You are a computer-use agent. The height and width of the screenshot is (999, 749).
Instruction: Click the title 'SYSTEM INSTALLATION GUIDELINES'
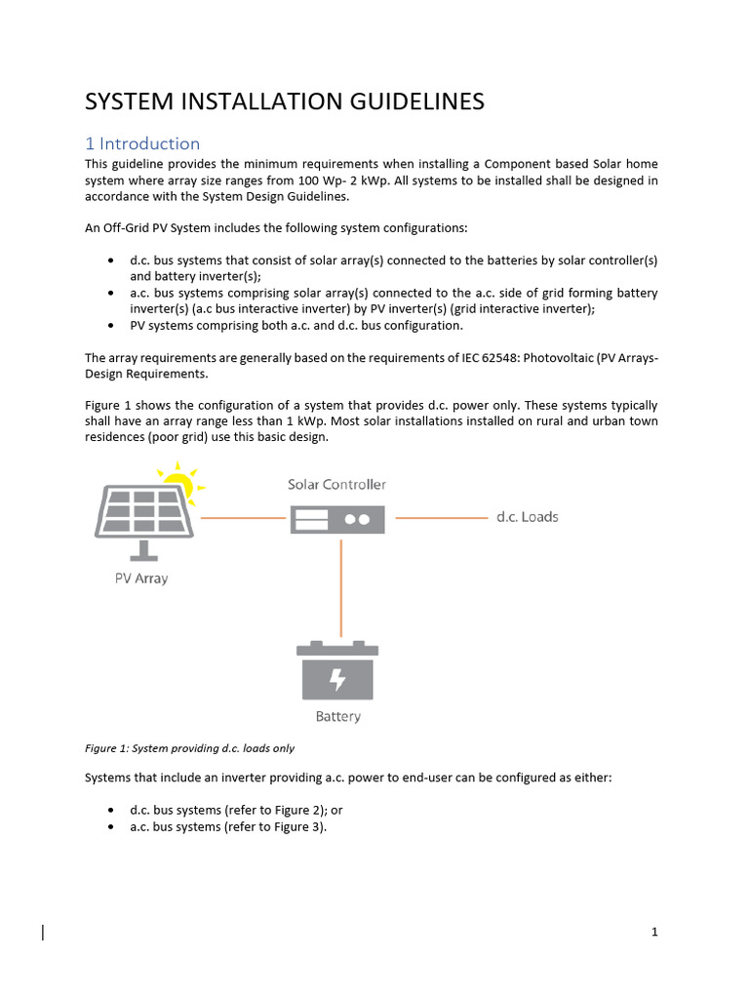pos(285,101)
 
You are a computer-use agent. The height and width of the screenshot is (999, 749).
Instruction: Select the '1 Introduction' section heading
pos(142,143)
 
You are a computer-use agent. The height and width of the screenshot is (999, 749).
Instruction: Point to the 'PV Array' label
pos(141,579)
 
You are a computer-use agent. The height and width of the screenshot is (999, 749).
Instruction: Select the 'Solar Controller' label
pos(336,485)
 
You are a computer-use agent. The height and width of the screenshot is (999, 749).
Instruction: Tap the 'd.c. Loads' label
pos(527,517)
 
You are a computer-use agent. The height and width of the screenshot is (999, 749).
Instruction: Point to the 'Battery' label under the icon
pos(337,717)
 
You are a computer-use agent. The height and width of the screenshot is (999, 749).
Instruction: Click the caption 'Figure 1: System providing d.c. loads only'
pos(189,748)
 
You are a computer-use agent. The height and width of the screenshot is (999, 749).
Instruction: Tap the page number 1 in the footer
pos(655,932)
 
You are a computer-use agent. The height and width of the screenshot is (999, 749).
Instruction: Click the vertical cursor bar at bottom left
pos(43,933)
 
